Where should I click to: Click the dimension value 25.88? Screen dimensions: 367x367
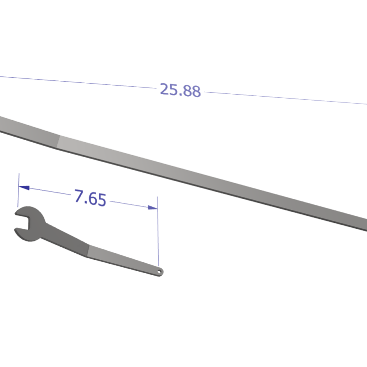(180, 90)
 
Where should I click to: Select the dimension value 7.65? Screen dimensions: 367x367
(90, 198)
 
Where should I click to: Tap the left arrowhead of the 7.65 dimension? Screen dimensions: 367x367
(23, 188)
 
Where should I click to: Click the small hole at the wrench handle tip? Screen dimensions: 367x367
(159, 272)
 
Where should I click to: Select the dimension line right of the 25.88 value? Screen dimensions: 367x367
(284, 98)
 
